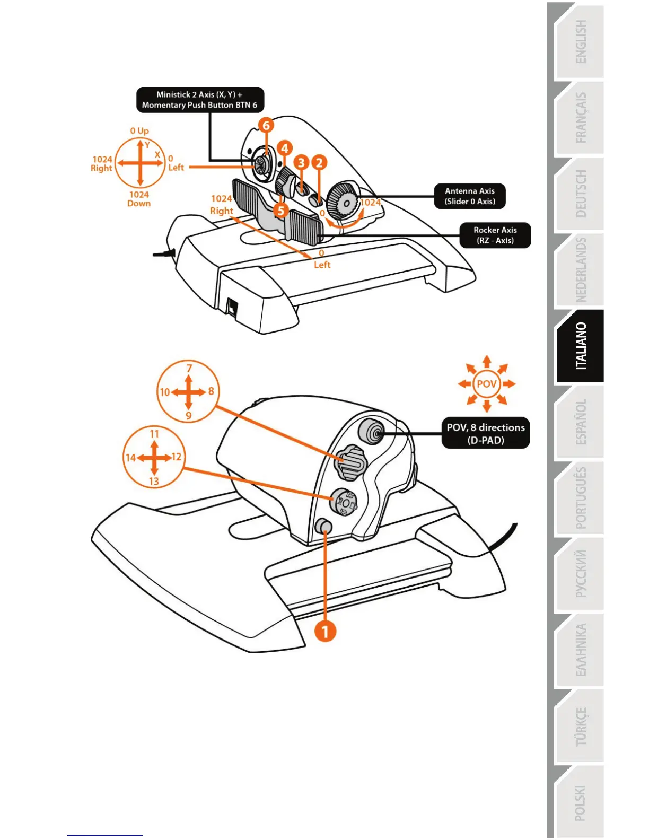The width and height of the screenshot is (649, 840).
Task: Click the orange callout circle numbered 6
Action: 266,125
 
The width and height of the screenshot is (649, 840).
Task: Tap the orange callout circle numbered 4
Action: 284,148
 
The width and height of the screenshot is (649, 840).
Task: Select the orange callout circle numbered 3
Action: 302,162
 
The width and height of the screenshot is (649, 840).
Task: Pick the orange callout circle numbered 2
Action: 319,162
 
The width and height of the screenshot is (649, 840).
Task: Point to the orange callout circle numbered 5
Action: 281,211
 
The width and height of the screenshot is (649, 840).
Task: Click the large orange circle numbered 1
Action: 325,631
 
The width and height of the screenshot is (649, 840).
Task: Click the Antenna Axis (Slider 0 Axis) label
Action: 470,196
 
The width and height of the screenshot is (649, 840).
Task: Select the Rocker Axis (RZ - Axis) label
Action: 495,235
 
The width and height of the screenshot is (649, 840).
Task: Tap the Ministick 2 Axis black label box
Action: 200,100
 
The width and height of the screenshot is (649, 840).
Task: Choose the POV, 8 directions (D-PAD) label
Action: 486,433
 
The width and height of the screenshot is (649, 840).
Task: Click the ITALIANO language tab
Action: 581,346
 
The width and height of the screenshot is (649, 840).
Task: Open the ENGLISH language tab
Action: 581,42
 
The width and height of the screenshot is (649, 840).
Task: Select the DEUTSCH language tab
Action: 581,194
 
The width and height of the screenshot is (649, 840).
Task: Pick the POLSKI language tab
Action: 581,802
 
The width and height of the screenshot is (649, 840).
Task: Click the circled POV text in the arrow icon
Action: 487,383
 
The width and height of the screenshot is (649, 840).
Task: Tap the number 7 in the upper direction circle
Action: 189,367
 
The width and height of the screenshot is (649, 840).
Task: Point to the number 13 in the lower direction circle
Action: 154,481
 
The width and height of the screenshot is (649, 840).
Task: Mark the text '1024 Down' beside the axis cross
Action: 139,199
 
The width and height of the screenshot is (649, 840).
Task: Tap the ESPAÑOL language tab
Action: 581,422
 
